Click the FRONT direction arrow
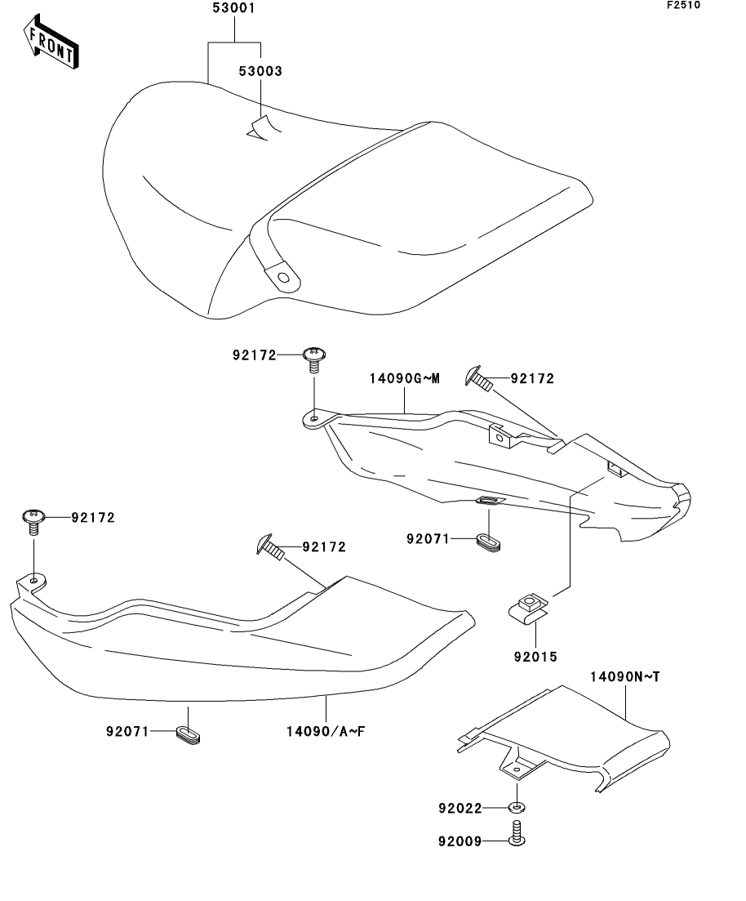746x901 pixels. tap(51, 42)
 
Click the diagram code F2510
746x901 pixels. tap(683, 5)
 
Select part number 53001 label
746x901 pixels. tap(233, 9)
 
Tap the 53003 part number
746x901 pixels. tap(260, 71)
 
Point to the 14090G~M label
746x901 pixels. tap(404, 379)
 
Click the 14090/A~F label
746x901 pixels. tap(326, 731)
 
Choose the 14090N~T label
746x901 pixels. tap(625, 677)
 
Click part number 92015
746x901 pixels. tap(535, 657)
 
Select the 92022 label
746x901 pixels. tap(460, 809)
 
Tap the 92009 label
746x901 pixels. tap(460, 842)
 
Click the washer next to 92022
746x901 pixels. tap(517, 808)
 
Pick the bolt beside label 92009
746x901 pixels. tap(517, 834)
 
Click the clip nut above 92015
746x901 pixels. tap(528, 608)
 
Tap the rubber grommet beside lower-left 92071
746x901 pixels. tap(187, 734)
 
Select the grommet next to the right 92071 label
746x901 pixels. tap(488, 542)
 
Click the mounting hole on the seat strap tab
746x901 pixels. tap(282, 278)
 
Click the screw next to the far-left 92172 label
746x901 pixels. tap(34, 521)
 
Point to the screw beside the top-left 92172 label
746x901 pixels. tap(314, 359)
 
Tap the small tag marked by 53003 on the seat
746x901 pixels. tap(262, 129)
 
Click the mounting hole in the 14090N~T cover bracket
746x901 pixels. tap(517, 769)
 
